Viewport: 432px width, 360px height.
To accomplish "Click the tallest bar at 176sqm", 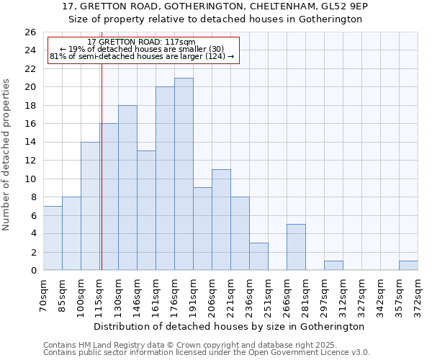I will [184, 174].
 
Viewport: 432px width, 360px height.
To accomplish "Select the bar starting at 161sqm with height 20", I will [165, 179].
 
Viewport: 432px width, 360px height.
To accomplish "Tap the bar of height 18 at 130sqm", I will [127, 188].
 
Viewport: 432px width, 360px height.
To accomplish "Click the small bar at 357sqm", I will [408, 266].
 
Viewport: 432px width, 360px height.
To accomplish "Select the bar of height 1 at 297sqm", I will [333, 266].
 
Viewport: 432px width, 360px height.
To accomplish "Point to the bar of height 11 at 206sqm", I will [221, 220].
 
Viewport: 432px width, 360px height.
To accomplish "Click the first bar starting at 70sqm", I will [53, 238].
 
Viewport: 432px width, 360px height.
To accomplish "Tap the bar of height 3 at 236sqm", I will [258, 257].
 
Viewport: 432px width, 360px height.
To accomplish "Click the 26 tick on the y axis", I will [30, 32].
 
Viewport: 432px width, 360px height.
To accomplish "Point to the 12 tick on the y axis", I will [30, 161].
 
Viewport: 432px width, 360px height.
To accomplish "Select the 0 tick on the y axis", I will [33, 271].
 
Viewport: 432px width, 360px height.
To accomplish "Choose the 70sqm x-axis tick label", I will [43, 295].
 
